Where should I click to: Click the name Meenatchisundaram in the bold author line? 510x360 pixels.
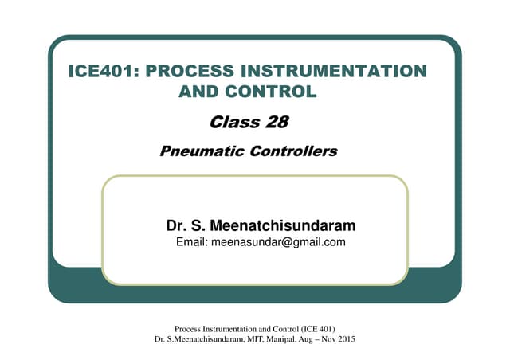coord(281,225)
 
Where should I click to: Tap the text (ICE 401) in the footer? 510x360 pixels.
coord(315,329)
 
